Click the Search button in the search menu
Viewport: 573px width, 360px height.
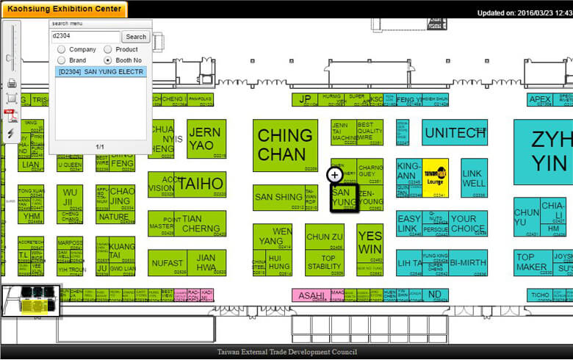click(136, 37)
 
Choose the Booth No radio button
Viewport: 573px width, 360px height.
click(108, 60)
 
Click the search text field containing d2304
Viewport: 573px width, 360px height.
click(84, 37)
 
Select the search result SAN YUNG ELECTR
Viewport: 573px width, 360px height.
click(101, 72)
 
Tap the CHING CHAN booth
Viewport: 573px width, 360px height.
click(285, 145)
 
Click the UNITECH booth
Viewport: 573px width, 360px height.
click(454, 132)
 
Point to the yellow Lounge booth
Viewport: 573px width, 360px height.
click(435, 177)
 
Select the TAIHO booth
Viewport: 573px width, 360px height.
click(200, 184)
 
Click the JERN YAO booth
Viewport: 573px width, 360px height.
click(205, 139)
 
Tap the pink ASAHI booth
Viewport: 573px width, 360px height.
click(311, 295)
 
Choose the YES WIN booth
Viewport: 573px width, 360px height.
click(370, 242)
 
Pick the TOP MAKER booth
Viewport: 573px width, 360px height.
click(530, 262)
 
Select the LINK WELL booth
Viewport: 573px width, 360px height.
click(474, 178)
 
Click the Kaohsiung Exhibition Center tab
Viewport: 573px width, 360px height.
click(65, 9)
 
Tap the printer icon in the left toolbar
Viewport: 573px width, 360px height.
click(12, 82)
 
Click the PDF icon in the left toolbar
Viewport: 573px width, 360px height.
click(12, 115)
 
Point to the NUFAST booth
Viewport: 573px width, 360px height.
click(166, 263)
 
